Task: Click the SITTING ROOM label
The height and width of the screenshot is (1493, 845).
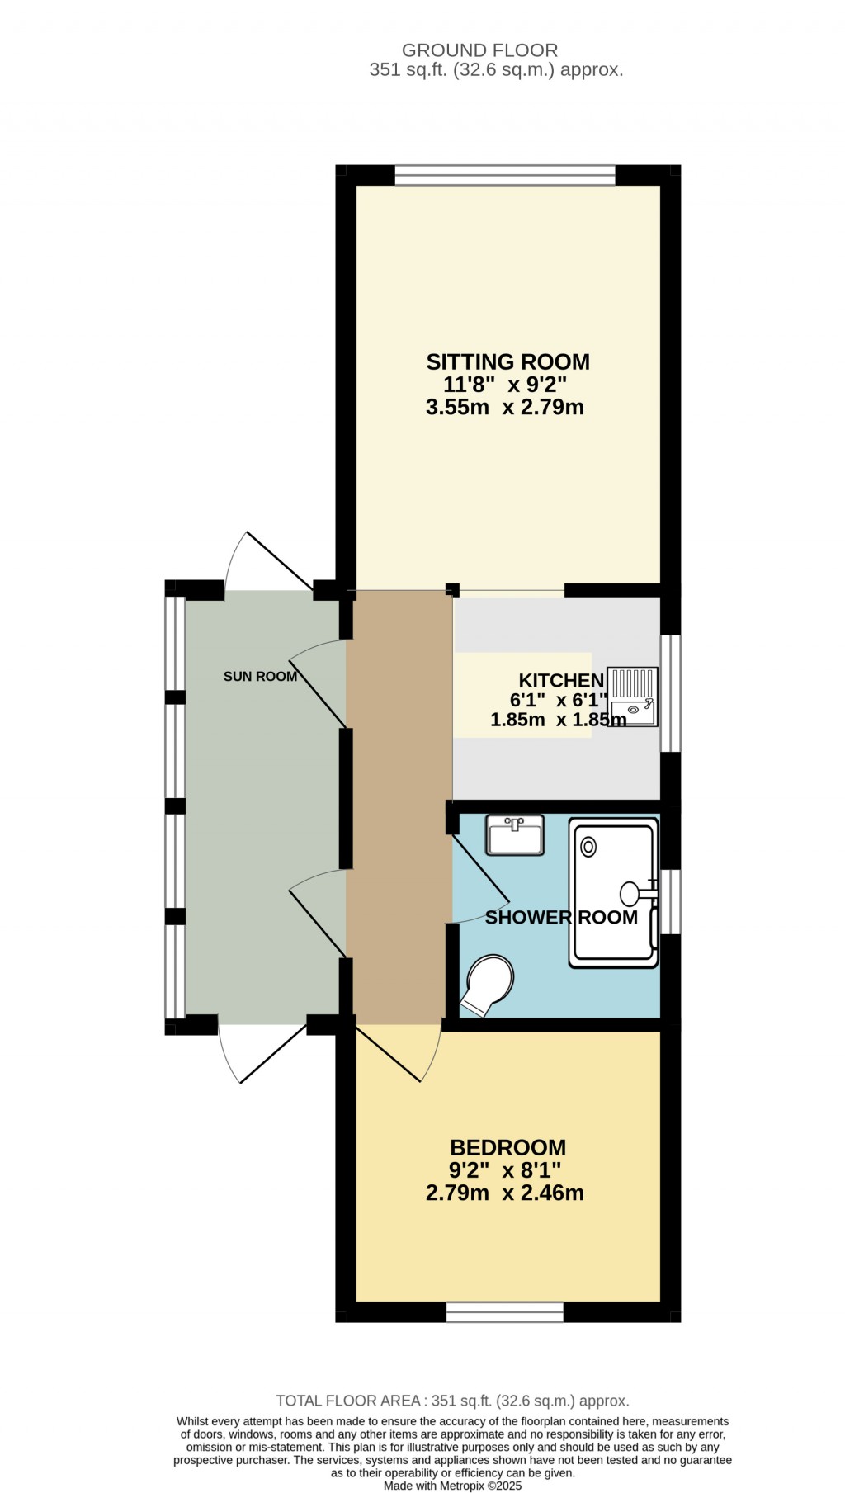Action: click(x=507, y=361)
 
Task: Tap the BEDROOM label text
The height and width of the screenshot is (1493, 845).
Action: click(x=507, y=1147)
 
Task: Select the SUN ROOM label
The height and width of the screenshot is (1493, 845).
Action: click(x=260, y=677)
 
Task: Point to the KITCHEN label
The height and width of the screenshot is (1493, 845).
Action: click(x=561, y=680)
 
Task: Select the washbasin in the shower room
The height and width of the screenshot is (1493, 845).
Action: click(x=515, y=835)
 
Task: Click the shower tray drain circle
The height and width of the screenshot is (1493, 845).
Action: click(x=588, y=847)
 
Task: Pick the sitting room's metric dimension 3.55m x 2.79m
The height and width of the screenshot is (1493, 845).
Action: click(x=505, y=407)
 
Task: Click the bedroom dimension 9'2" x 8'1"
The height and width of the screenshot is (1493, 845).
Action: click(x=505, y=1170)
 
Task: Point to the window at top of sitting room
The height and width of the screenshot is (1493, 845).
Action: click(x=505, y=175)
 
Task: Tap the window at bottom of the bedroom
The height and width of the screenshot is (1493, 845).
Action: click(x=505, y=1311)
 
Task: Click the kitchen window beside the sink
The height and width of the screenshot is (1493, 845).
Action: click(x=671, y=692)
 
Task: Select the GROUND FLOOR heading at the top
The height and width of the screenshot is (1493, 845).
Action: click(x=479, y=50)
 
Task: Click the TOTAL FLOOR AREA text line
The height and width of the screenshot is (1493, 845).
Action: click(x=452, y=1401)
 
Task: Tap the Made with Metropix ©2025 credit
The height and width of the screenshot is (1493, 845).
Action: click(x=452, y=1486)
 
